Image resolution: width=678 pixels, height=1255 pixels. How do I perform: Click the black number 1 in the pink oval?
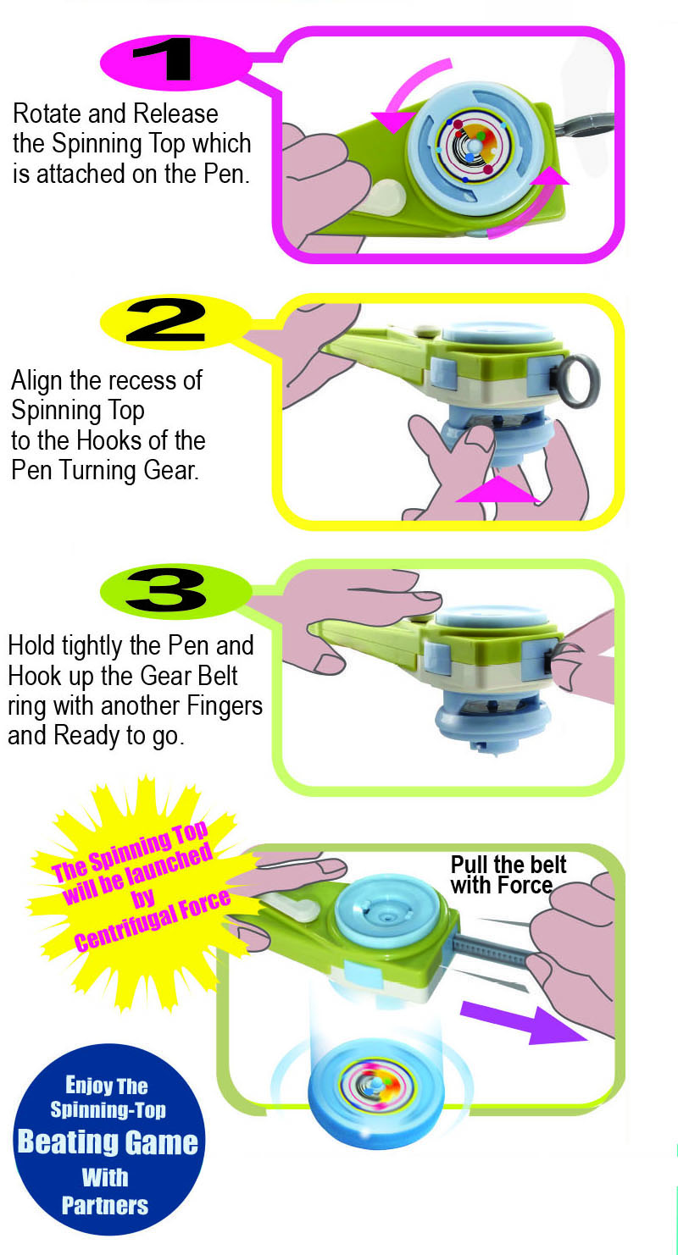(x=163, y=58)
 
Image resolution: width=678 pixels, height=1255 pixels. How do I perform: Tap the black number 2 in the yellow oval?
(x=166, y=321)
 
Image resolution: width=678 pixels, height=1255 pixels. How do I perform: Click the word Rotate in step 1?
(x=47, y=113)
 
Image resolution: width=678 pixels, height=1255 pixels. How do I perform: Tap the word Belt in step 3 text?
(x=216, y=676)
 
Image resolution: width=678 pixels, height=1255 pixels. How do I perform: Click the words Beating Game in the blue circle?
(x=108, y=1142)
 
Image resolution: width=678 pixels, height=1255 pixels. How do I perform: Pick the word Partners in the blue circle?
(x=105, y=1206)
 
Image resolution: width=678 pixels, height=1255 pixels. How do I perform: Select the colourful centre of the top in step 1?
(x=474, y=145)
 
